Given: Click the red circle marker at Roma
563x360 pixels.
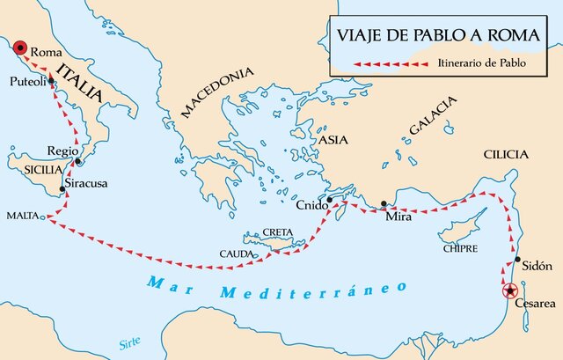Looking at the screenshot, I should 20,48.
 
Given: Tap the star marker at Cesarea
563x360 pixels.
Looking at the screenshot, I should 508,291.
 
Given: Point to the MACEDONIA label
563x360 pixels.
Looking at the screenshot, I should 216,95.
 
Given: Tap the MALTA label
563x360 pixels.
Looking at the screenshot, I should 19,215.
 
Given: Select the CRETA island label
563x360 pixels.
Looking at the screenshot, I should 281,232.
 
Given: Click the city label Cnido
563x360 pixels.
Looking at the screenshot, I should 311,206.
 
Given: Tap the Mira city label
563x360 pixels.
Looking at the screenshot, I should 398,216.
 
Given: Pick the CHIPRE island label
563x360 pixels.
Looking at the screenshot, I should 460,248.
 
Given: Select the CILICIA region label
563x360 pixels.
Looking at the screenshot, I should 505,155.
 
